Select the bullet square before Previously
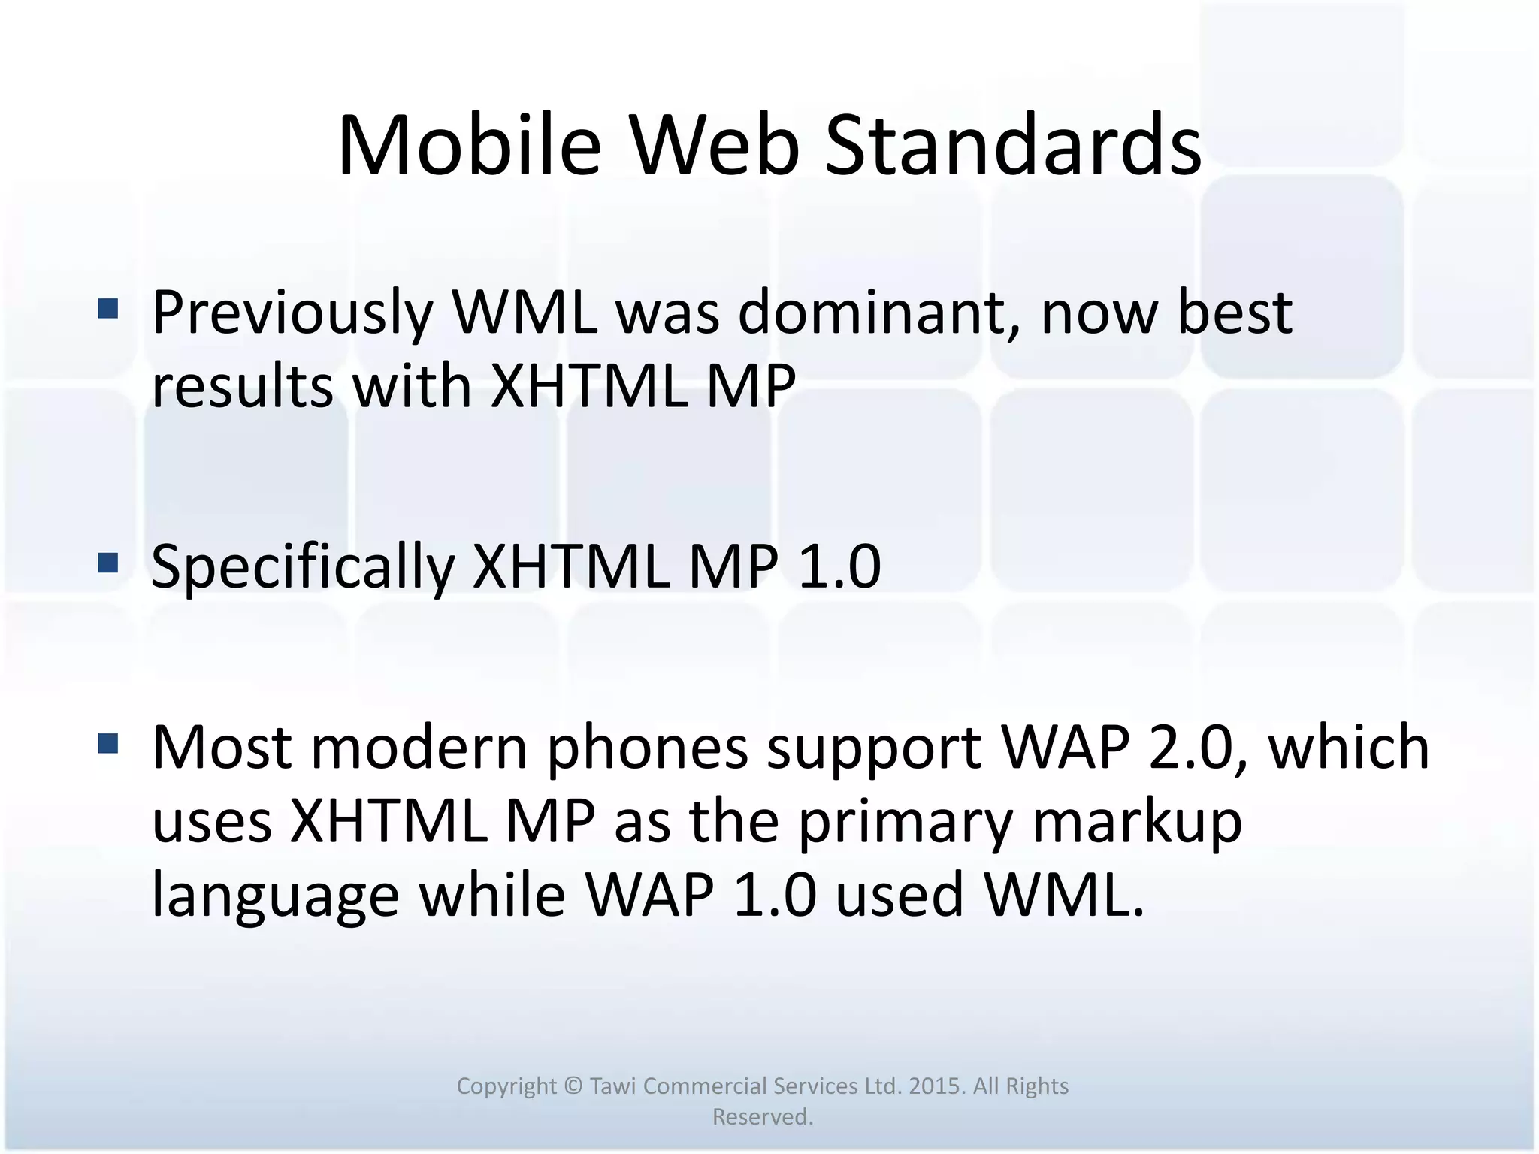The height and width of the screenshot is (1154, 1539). [x=108, y=309]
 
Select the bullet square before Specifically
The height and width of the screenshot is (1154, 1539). [x=108, y=563]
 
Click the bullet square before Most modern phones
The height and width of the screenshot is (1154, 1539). [x=108, y=744]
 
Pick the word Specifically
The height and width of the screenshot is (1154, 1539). [x=303, y=568]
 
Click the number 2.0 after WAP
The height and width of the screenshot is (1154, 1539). [x=1196, y=748]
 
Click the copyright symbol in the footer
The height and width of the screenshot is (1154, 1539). [x=573, y=1086]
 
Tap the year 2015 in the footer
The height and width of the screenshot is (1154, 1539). [x=936, y=1086]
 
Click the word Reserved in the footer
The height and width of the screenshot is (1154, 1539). [x=761, y=1117]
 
